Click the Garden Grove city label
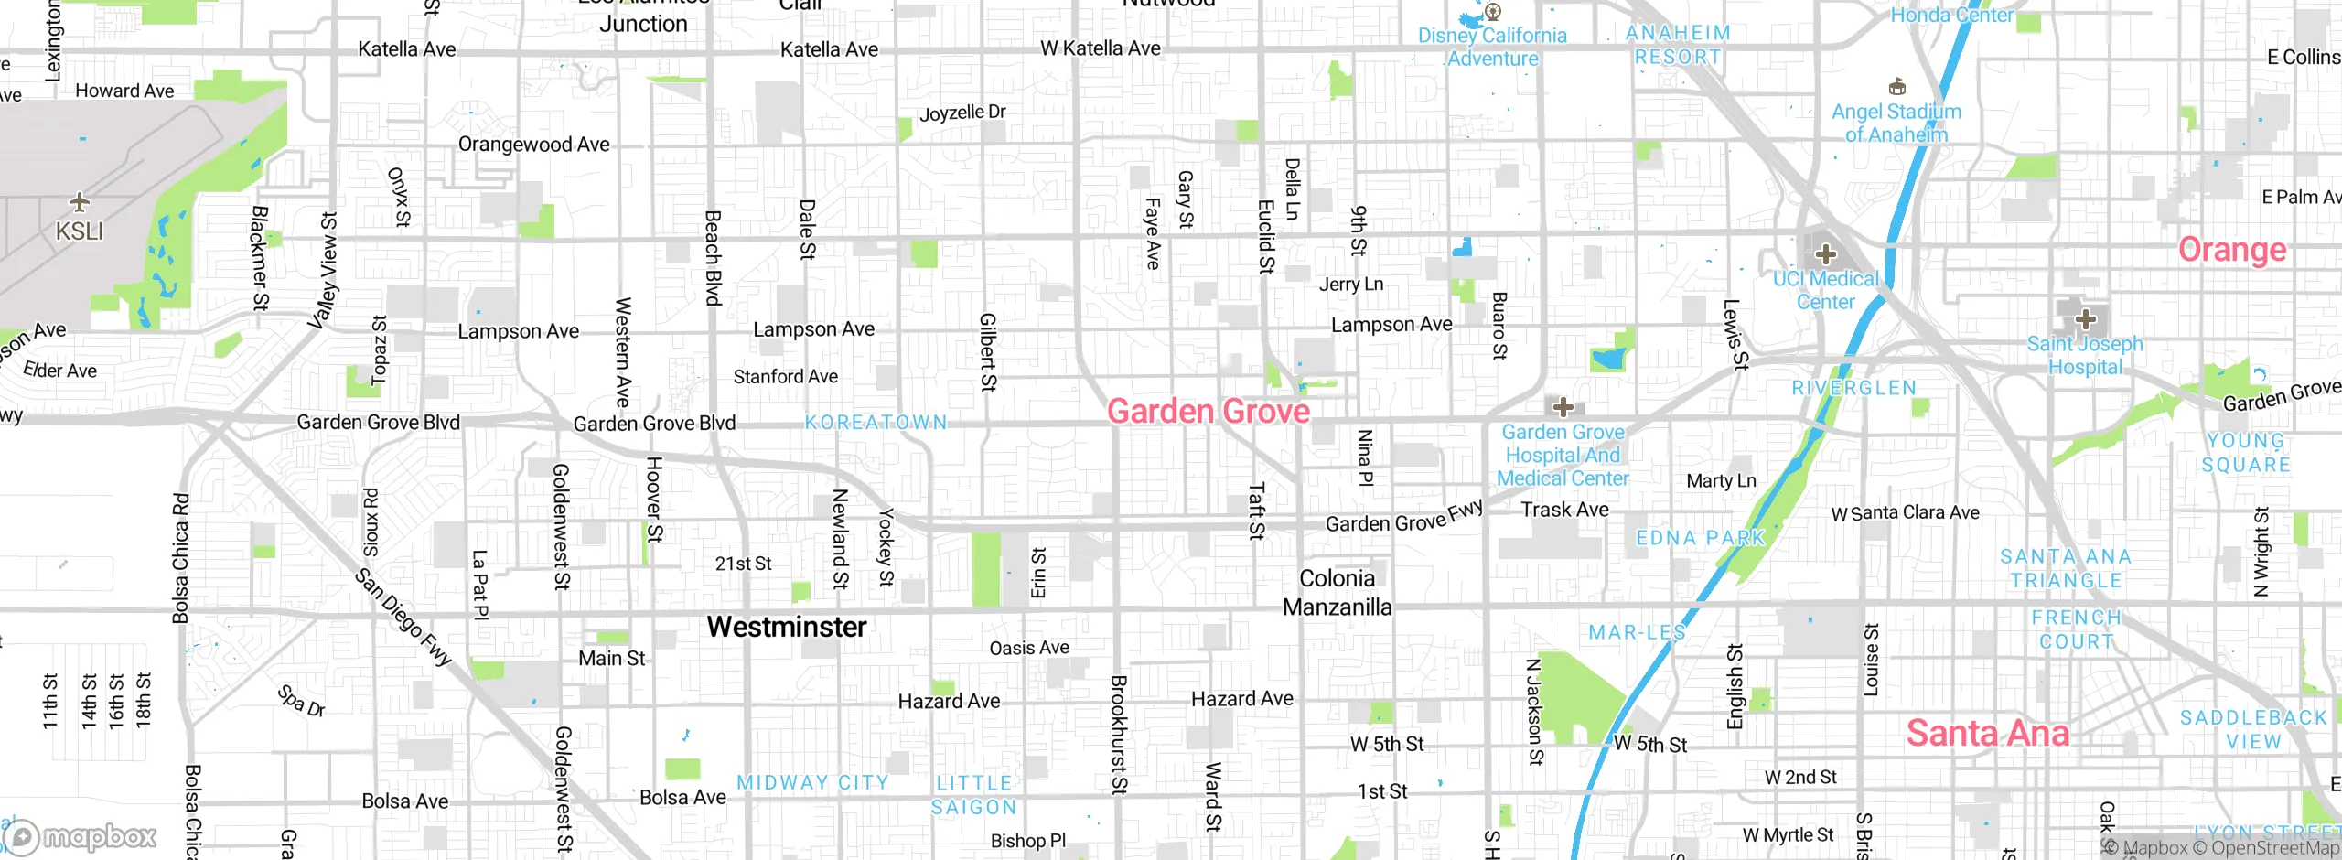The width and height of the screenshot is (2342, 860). pyautogui.click(x=1208, y=412)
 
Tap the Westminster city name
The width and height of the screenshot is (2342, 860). pyautogui.click(x=786, y=627)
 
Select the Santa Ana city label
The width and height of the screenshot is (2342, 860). pyautogui.click(x=1987, y=733)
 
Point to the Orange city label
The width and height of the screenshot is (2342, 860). pyautogui.click(x=2231, y=250)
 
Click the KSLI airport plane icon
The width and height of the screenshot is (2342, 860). pyautogui.click(x=80, y=201)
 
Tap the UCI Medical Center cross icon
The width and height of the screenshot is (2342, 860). pyautogui.click(x=1826, y=253)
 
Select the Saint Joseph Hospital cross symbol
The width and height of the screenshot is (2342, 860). pyautogui.click(x=2085, y=319)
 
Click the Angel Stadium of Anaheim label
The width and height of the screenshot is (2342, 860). pyautogui.click(x=1896, y=123)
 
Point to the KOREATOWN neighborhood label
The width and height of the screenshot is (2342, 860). pyautogui.click(x=876, y=422)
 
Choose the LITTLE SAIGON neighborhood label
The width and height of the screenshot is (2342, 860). pyautogui.click(x=973, y=795)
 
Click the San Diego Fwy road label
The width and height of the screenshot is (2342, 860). pyautogui.click(x=403, y=618)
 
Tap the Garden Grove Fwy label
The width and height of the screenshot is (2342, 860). pyautogui.click(x=1403, y=519)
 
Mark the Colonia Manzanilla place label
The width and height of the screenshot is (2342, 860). pyautogui.click(x=1337, y=593)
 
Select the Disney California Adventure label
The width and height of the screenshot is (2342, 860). pyautogui.click(x=1492, y=47)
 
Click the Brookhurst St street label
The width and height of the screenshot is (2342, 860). pyautogui.click(x=1118, y=734)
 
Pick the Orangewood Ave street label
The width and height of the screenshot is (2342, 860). pyautogui.click(x=533, y=145)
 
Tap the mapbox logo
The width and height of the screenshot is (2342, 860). pyautogui.click(x=81, y=836)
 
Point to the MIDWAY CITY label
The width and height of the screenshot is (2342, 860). pyautogui.click(x=812, y=783)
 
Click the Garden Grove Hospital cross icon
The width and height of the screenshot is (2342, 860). pyautogui.click(x=1563, y=407)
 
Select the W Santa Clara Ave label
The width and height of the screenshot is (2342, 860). pyautogui.click(x=1905, y=513)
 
